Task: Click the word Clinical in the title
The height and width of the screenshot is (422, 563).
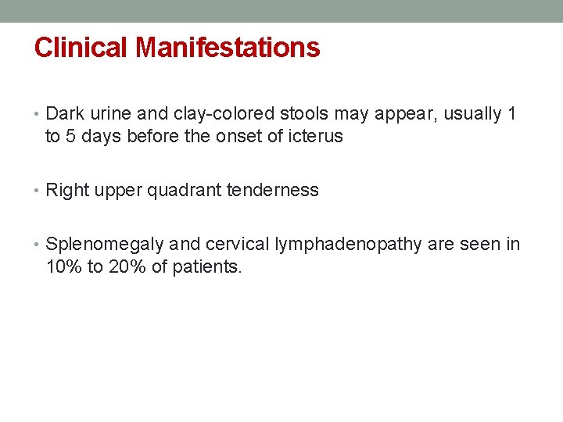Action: (81, 48)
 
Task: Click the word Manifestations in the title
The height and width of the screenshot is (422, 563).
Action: (228, 48)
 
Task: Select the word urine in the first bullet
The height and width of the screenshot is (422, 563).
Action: (105, 114)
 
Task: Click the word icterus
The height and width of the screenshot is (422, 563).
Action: (314, 137)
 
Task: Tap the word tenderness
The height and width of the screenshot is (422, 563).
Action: (273, 190)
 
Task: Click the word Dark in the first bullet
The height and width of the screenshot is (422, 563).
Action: (64, 114)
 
